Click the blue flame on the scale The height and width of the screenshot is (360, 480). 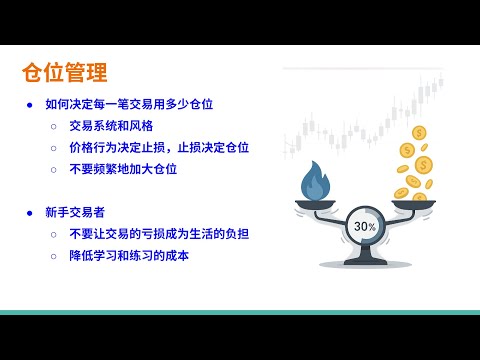tap(316, 182)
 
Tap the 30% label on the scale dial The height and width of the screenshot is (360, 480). tap(365, 226)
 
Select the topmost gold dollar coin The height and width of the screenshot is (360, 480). tap(419, 132)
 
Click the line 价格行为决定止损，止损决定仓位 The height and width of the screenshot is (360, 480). tap(159, 147)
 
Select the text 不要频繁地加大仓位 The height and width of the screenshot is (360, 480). tap(123, 169)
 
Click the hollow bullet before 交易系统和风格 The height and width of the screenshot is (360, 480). tap(54, 126)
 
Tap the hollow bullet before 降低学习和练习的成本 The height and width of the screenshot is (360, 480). tap(54, 256)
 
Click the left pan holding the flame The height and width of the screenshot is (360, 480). tap(316, 205)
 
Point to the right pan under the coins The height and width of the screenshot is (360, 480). tap(414, 204)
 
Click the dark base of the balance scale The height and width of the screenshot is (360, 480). tap(365, 263)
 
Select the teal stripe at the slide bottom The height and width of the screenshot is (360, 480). tap(240, 313)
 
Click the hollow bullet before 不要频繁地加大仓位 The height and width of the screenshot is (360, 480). tap(54, 169)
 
